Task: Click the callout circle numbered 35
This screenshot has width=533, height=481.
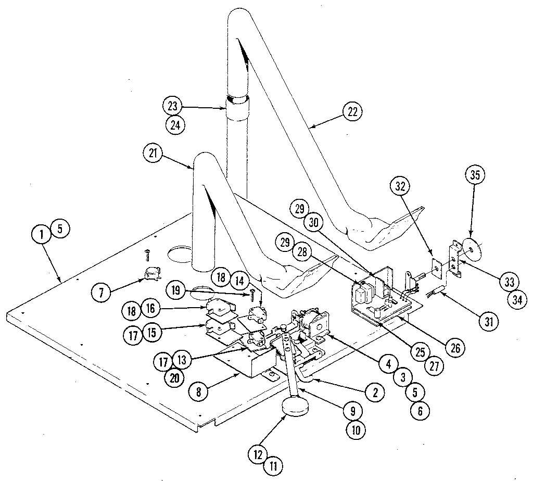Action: (475, 175)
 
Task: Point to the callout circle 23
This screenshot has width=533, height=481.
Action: (173, 106)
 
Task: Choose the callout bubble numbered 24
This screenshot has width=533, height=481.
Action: (173, 124)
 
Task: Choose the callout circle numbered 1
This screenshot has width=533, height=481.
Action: (41, 234)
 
